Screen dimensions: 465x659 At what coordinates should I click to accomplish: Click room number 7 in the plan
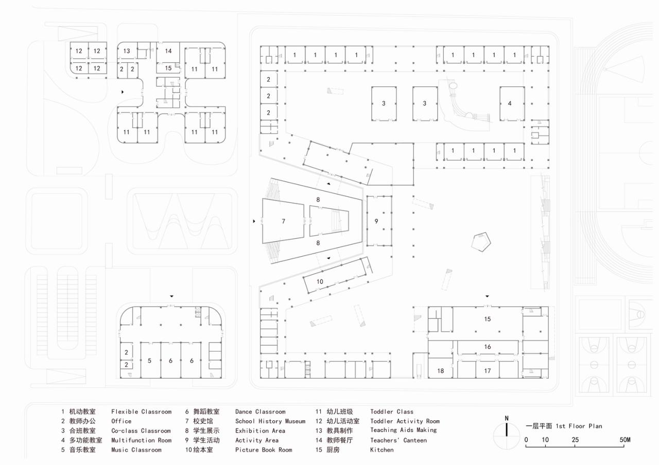(x=283, y=221)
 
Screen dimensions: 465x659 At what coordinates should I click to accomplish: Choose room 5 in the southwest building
(x=149, y=361)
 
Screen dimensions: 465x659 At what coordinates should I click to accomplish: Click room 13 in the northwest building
(x=127, y=51)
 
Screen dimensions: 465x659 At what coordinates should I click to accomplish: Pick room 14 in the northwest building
(x=168, y=51)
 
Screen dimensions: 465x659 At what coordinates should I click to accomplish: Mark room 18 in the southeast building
(x=441, y=371)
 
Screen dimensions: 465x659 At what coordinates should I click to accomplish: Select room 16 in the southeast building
(x=487, y=347)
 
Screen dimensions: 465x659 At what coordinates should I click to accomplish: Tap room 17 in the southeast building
(x=487, y=371)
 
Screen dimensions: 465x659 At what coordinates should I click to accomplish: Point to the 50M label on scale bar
(x=625, y=440)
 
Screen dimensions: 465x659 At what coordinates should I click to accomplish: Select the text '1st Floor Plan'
(x=579, y=426)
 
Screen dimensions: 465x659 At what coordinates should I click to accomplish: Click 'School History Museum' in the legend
(x=270, y=421)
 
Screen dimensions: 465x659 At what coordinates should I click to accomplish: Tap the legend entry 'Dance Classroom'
(x=260, y=412)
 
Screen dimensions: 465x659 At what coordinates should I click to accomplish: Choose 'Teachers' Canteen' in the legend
(x=398, y=440)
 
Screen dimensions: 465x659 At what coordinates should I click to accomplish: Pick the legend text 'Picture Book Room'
(x=263, y=450)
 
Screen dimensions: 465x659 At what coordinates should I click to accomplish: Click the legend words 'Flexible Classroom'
(x=141, y=412)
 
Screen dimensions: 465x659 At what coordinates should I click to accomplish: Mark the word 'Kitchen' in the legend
(x=381, y=450)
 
